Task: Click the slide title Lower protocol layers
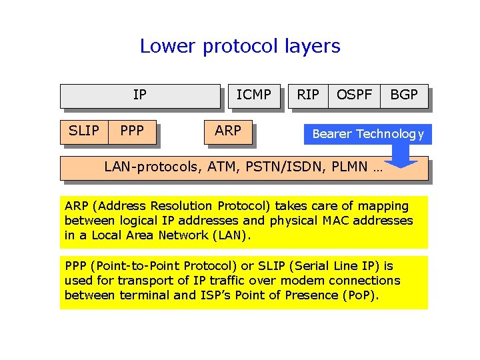pyautogui.click(x=240, y=46)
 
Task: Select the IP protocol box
pyautogui.click(x=139, y=95)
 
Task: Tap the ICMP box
pyautogui.click(x=253, y=95)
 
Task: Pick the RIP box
pyautogui.click(x=307, y=95)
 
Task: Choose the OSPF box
pyautogui.click(x=354, y=95)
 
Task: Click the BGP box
pyautogui.click(x=404, y=95)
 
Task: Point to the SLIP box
pyautogui.click(x=84, y=131)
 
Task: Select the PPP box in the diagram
pyautogui.click(x=132, y=131)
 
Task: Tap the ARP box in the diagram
pyautogui.click(x=228, y=131)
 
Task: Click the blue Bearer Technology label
pyautogui.click(x=367, y=134)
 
